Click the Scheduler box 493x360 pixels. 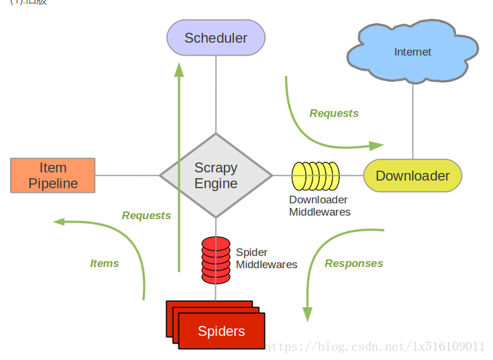[216, 38]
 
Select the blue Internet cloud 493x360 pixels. [413, 52]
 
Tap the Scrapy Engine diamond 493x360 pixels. [216, 176]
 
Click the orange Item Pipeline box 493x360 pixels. [53, 175]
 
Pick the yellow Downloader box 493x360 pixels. [413, 176]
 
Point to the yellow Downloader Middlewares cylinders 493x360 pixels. [315, 176]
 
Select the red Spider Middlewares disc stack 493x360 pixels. [216, 259]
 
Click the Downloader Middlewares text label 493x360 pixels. [319, 206]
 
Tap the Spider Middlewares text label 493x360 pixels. [266, 258]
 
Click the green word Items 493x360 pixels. [104, 263]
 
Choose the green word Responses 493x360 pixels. [353, 263]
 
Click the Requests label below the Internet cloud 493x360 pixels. [334, 113]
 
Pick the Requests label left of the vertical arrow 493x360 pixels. [146, 215]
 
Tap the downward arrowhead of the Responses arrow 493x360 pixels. [307, 314]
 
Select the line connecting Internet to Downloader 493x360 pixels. [413, 121]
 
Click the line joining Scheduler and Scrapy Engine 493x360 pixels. [216, 94]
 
